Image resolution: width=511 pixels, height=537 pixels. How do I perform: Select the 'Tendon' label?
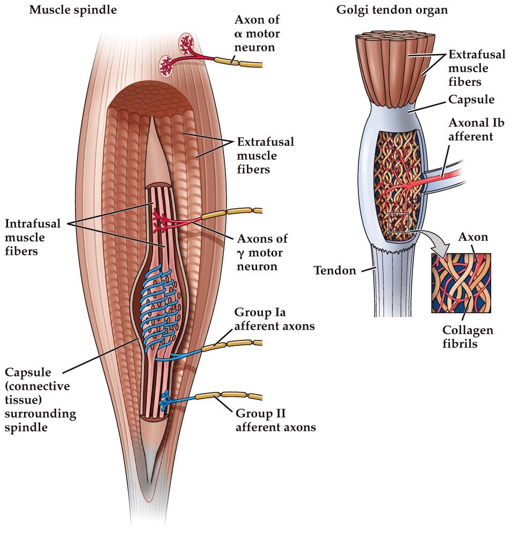tap(335, 271)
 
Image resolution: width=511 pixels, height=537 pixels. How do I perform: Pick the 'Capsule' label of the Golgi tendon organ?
tap(472, 100)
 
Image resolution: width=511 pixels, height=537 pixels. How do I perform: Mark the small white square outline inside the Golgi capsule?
tap(398, 222)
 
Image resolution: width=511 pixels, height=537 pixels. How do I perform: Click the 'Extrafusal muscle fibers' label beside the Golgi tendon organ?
tap(471, 69)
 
